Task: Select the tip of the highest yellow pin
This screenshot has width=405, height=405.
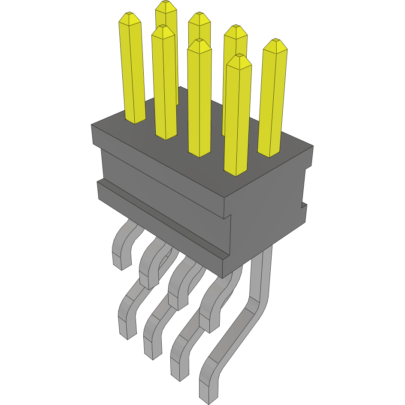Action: tap(166, 5)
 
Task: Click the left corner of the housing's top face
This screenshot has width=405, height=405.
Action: tap(91, 125)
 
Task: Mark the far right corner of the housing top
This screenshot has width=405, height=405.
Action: tap(313, 146)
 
